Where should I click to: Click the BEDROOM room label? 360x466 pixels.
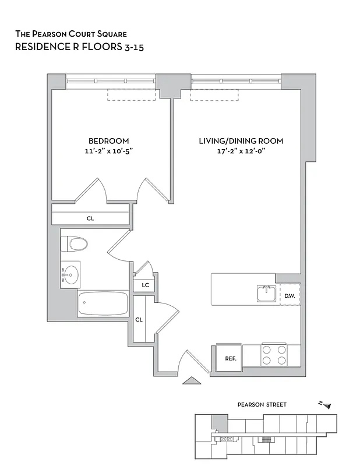click(108, 141)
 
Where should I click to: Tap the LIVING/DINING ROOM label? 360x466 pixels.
click(241, 141)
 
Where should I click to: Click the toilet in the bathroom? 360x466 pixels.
click(76, 243)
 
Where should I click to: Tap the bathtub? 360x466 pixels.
click(103, 303)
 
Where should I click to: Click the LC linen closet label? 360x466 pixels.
click(144, 285)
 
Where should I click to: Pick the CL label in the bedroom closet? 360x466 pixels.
click(90, 218)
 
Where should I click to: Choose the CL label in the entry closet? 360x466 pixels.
click(139, 319)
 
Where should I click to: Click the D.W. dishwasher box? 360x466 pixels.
click(290, 295)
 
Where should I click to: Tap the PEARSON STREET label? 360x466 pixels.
click(262, 404)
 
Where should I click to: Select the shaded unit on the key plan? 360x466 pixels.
click(220, 423)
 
